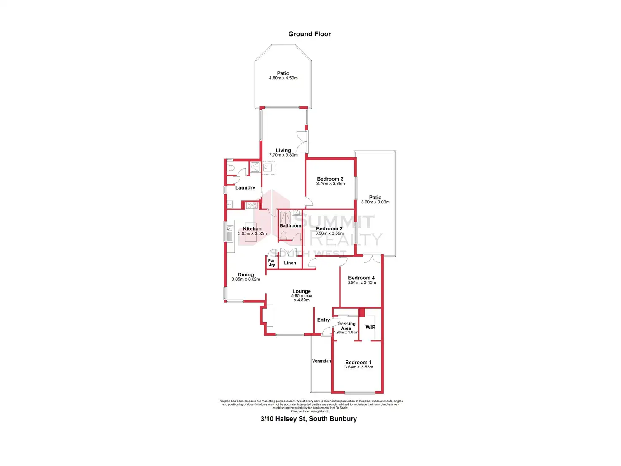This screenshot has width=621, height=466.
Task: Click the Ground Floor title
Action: pos(309,34)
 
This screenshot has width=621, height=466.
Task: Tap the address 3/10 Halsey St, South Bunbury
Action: pos(308,419)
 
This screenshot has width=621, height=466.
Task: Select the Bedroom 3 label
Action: pos(330,179)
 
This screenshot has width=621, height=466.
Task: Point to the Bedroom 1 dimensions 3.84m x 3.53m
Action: pos(359,367)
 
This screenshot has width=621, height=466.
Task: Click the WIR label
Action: pos(370,328)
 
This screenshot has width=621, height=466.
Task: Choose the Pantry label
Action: pos(272,263)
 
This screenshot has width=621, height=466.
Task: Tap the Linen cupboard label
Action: pos(290,263)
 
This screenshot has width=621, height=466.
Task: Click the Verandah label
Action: pos(321,361)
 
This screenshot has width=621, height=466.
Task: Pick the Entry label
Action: pos(324,320)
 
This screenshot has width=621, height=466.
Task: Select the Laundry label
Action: pos(245,188)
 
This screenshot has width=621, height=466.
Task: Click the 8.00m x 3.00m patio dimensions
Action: pos(375,202)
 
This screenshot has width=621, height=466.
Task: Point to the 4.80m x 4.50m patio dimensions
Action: pos(283,78)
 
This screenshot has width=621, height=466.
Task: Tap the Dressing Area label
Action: pos(346,326)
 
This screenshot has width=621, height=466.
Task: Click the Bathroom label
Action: pos(290,226)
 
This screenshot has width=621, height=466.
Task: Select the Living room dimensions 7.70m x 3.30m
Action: pos(283,155)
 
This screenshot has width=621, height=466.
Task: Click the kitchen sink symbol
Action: pos(229,233)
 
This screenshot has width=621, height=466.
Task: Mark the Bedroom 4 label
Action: pos(361,278)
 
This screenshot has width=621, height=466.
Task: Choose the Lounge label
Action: pos(302,291)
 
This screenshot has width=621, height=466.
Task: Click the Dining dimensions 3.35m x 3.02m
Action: pos(246,279)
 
